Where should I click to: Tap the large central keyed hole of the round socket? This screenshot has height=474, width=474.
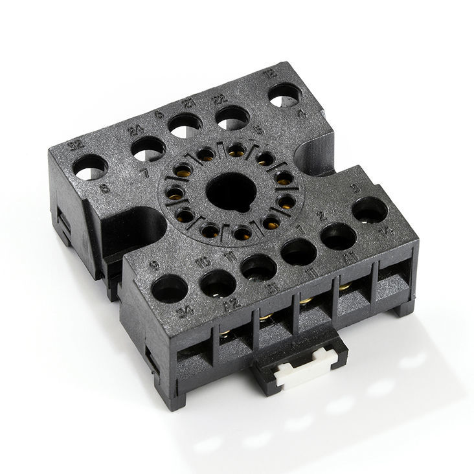[224, 189]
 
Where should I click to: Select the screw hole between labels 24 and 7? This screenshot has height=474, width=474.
[148, 149]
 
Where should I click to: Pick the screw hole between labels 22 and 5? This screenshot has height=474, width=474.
[232, 117]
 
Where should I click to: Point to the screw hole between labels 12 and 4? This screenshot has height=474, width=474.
[285, 97]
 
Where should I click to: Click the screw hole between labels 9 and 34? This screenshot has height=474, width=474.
[169, 287]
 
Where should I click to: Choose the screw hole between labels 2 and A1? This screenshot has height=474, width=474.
[338, 236]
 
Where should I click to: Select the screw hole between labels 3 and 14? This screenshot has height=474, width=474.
[370, 210]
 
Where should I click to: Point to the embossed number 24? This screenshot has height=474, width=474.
[136, 130]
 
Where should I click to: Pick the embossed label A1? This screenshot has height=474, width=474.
[350, 258]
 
